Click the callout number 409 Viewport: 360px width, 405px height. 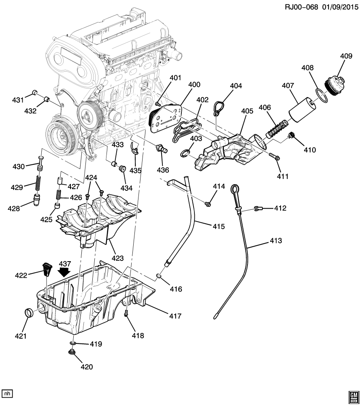click(346, 57)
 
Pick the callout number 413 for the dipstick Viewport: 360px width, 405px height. click(276, 241)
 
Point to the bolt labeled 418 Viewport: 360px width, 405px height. click(126, 313)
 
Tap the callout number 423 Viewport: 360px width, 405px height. click(118, 257)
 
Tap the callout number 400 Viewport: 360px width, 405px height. click(194, 85)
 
